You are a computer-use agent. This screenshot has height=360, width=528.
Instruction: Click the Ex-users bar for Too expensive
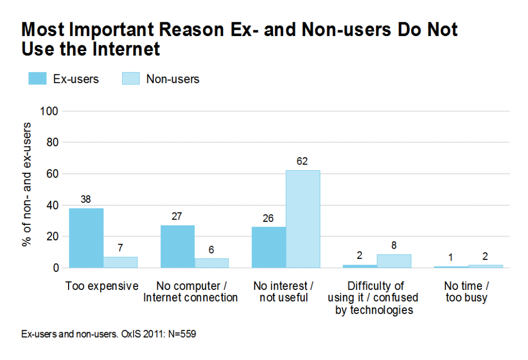click(x=86, y=238)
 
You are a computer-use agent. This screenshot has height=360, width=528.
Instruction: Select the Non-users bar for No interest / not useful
click(x=303, y=219)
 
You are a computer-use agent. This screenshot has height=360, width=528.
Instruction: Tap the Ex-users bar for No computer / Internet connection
click(x=177, y=247)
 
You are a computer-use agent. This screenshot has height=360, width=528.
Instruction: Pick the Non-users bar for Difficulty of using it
click(x=394, y=261)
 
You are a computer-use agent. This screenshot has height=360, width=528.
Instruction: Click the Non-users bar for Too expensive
click(x=121, y=262)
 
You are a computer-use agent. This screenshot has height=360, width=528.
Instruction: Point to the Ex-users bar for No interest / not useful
click(x=269, y=248)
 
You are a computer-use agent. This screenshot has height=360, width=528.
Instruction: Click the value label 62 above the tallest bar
click(x=302, y=161)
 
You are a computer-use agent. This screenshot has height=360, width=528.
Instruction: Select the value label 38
click(x=86, y=200)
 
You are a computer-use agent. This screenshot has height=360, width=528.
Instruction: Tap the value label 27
click(x=177, y=217)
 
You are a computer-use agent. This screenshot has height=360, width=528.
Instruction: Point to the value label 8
click(x=394, y=246)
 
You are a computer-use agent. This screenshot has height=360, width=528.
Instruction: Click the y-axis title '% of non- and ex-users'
click(x=27, y=185)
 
